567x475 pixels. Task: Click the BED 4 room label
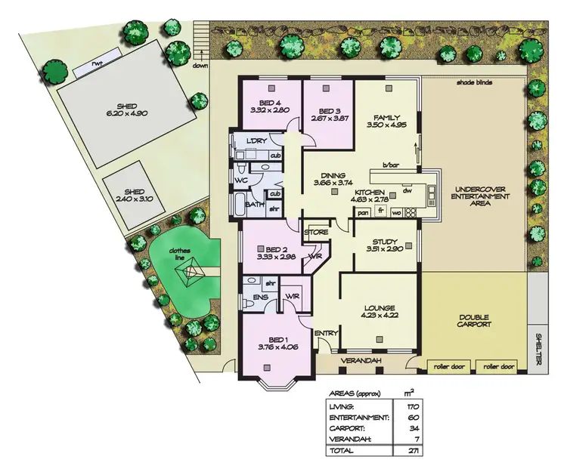pyautogui.click(x=270, y=103)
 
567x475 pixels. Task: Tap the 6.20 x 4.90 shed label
pyautogui.click(x=131, y=108)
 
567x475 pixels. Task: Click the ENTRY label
pyautogui.click(x=327, y=333)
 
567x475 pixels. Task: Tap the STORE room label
pyautogui.click(x=316, y=233)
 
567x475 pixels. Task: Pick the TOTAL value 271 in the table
pyautogui.click(x=412, y=451)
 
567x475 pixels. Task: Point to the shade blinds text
pyautogui.click(x=474, y=82)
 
